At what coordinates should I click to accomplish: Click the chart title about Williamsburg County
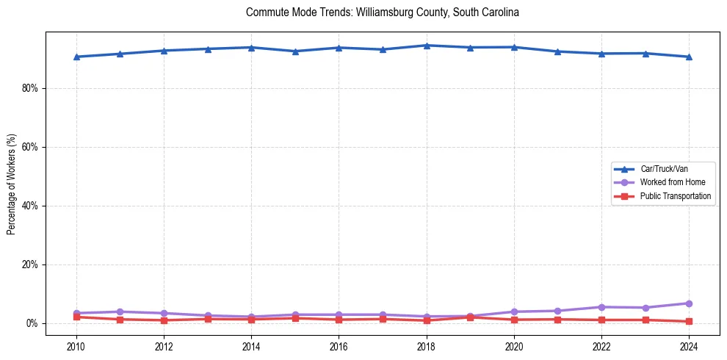coord(383,12)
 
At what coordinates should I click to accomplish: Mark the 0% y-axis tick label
coord(32,323)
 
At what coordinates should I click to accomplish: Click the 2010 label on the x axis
coord(76,346)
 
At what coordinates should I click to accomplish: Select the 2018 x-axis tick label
coord(427,346)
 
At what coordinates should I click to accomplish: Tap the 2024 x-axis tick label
coord(689,346)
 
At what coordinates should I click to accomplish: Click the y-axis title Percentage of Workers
coord(12,184)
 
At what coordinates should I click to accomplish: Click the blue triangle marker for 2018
coord(427,46)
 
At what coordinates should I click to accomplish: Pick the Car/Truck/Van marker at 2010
coord(76,57)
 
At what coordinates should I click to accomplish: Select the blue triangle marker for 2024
coord(689,57)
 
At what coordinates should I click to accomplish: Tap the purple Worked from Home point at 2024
coord(689,303)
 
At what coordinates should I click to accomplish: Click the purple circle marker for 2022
coord(601,307)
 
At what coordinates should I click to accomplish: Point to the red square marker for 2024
coord(689,321)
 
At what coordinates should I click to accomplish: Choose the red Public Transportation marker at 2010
coord(76,317)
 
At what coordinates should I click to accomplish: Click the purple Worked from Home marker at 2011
coord(120,312)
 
